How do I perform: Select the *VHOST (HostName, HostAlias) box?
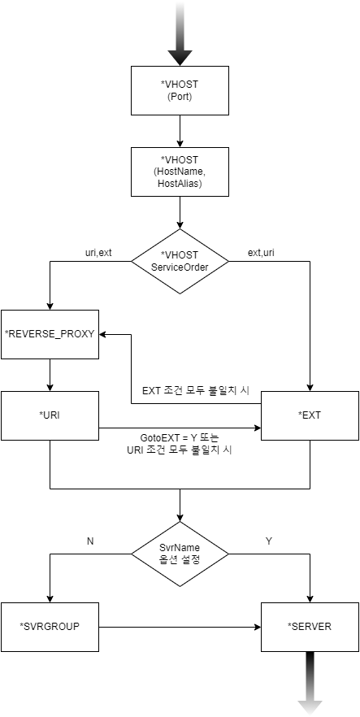click(x=180, y=172)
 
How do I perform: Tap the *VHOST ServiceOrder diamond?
click(x=180, y=260)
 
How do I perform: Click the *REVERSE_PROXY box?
click(x=50, y=334)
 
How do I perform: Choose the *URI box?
click(x=50, y=415)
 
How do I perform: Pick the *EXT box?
click(x=310, y=415)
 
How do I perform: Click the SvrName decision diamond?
click(x=180, y=554)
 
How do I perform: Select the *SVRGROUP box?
click(x=50, y=627)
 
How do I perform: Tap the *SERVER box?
click(x=310, y=627)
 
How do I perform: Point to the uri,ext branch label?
click(x=98, y=252)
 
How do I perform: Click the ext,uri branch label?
click(x=261, y=252)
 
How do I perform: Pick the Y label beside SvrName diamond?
click(x=268, y=541)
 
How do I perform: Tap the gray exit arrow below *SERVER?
click(x=310, y=683)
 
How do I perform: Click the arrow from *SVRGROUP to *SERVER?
click(x=179, y=627)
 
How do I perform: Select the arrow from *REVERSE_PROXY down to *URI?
click(x=50, y=374)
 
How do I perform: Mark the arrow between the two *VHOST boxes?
click(x=180, y=130)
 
